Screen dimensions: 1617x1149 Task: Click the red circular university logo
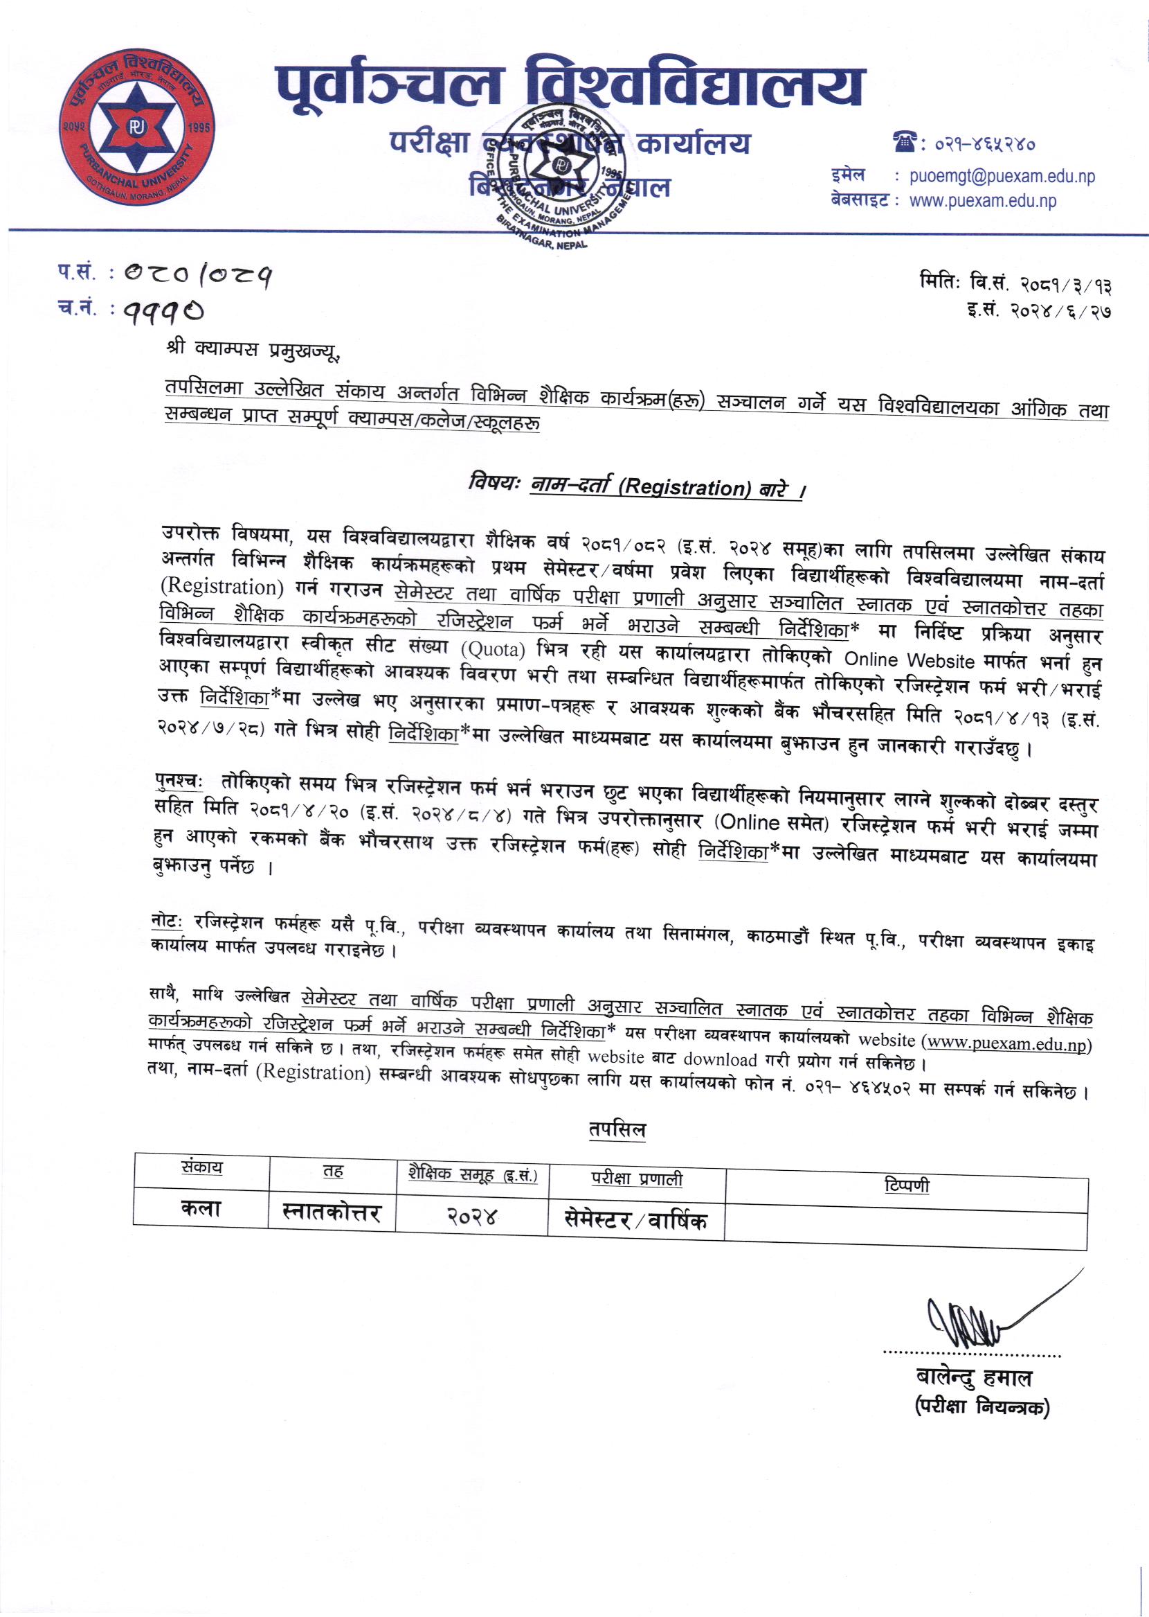click(136, 127)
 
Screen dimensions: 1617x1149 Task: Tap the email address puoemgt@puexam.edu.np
click(1002, 176)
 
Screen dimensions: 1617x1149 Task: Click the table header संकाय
click(201, 1167)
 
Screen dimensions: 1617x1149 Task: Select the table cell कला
click(201, 1208)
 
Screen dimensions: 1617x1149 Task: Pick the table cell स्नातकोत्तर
click(331, 1212)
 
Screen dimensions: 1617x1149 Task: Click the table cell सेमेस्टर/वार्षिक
click(635, 1220)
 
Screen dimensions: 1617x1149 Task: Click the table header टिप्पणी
click(906, 1185)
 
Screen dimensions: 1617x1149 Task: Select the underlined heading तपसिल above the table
click(617, 1130)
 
